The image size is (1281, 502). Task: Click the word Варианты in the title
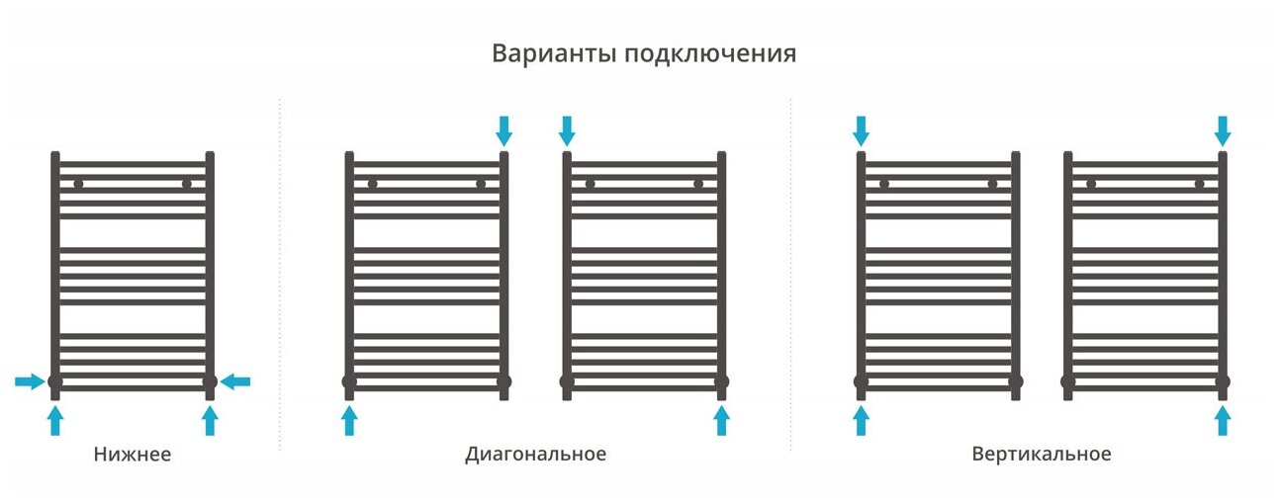point(554,53)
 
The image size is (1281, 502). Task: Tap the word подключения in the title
point(710,54)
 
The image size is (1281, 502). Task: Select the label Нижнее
point(133,455)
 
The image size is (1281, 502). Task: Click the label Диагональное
point(535,455)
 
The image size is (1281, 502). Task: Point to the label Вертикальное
point(1041,455)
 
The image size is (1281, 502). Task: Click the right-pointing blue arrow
point(30,381)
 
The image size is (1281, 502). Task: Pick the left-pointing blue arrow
point(235,381)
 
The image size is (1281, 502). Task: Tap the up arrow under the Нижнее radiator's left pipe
point(55,421)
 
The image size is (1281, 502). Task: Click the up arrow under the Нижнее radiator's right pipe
point(210,421)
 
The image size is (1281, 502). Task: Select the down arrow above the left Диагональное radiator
point(503,129)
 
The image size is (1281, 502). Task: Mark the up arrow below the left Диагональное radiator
point(349,421)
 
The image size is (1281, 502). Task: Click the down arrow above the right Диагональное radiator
point(567,129)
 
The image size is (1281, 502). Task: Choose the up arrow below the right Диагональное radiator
point(721,421)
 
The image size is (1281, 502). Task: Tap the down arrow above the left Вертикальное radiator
point(861,129)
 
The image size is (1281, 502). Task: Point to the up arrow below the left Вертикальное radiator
point(861,421)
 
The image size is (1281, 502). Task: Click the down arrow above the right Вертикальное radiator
point(1223,129)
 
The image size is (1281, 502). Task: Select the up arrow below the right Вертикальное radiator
point(1223,421)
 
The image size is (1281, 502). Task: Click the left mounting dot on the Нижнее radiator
point(79,184)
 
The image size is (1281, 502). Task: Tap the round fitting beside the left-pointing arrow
point(210,381)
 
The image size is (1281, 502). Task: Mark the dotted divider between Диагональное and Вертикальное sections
point(790,277)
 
